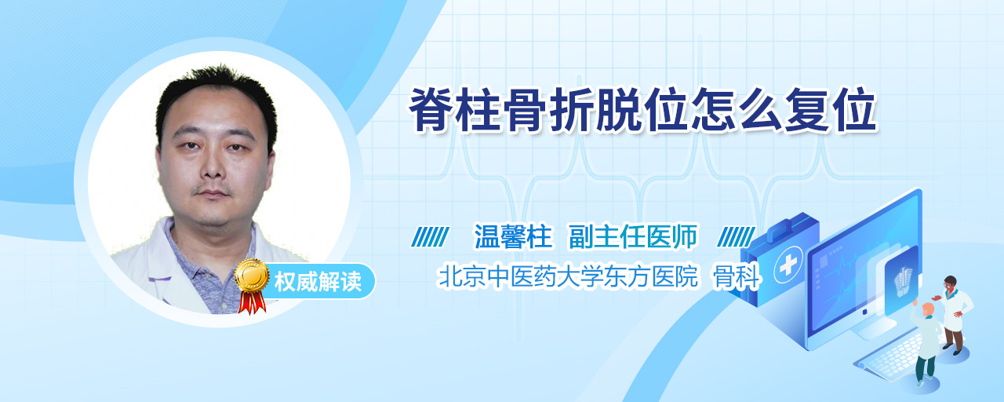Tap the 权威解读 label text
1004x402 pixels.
(x=318, y=282)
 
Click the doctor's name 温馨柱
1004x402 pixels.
(x=513, y=236)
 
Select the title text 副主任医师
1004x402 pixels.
(x=633, y=236)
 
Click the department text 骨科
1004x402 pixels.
(x=737, y=276)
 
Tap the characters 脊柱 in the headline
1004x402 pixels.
(x=455, y=109)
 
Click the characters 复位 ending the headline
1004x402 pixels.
(x=830, y=109)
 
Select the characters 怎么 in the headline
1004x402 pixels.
(x=737, y=109)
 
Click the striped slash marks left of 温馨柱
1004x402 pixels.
(x=430, y=237)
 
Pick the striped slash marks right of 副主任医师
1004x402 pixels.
(x=736, y=237)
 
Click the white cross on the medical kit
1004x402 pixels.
(x=788, y=265)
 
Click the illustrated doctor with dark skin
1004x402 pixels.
(x=955, y=315)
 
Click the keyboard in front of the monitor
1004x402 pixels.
(x=889, y=357)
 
